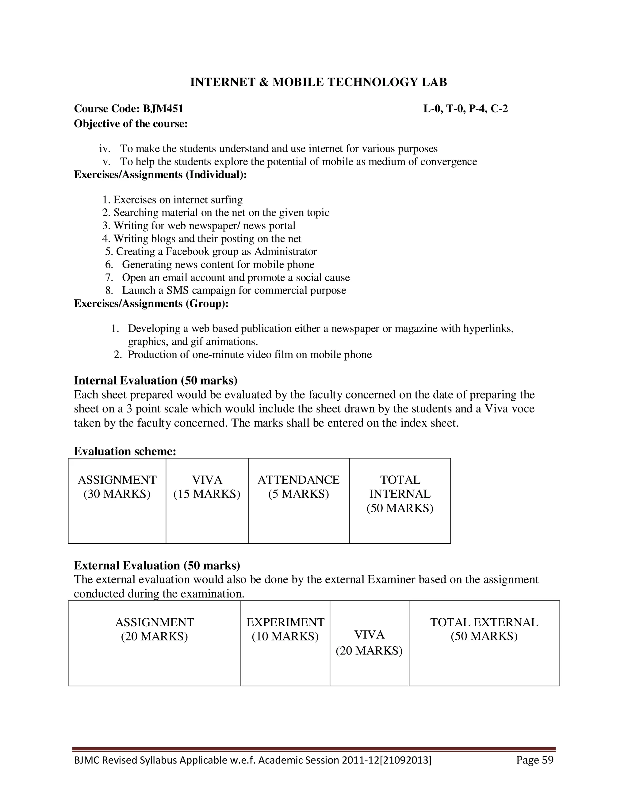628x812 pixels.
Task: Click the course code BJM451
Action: [163, 109]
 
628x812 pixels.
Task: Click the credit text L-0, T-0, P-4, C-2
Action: [465, 109]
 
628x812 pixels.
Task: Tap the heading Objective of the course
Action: [131, 123]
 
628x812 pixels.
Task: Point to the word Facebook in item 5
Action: [187, 252]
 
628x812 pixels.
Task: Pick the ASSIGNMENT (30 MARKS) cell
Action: [117, 487]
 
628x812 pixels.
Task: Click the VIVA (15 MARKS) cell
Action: [207, 487]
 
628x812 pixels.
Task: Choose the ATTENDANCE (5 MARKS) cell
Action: [298, 487]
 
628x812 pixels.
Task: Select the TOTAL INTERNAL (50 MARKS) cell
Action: [400, 494]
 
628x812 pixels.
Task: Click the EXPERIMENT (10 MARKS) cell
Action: [285, 629]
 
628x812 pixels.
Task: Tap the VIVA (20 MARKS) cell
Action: [369, 643]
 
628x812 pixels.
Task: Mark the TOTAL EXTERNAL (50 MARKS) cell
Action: [484, 629]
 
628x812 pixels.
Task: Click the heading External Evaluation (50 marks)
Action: [157, 566]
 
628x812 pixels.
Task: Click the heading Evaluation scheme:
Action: [125, 451]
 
